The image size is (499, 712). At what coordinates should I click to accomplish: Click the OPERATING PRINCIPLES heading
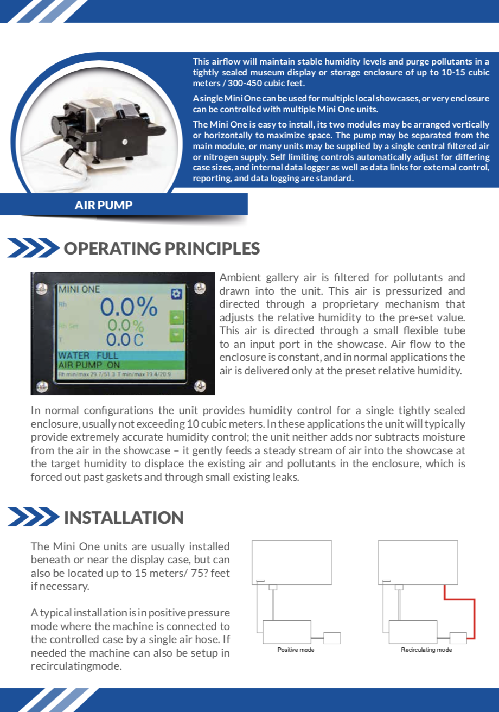[x=162, y=249]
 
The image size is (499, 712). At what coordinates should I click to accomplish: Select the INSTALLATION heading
[x=124, y=517]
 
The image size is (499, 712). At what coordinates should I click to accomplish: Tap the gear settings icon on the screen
[x=175, y=294]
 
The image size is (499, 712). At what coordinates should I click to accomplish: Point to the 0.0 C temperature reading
[x=124, y=340]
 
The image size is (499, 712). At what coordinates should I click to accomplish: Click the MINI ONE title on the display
[x=79, y=289]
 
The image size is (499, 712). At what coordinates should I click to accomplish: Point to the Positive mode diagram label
[x=296, y=650]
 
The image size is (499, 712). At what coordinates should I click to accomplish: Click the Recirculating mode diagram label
[x=426, y=650]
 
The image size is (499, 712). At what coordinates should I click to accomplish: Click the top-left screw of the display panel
[x=40, y=286]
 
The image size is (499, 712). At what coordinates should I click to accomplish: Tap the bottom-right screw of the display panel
[x=200, y=386]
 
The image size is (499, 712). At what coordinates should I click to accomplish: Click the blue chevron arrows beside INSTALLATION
[x=33, y=517]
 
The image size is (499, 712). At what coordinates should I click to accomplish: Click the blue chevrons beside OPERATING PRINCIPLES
[x=33, y=249]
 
